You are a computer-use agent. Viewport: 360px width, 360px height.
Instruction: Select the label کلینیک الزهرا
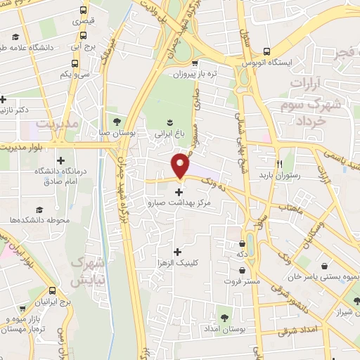click(176, 263)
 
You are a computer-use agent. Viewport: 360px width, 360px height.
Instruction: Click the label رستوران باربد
click(279, 174)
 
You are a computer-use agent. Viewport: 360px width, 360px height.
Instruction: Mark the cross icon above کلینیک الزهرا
click(176, 252)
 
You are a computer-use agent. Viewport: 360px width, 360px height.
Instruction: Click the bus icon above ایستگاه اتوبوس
click(266, 51)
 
